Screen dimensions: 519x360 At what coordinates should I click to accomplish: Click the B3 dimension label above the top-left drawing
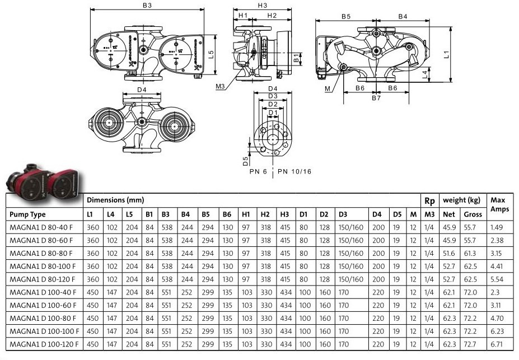click(x=147, y=5)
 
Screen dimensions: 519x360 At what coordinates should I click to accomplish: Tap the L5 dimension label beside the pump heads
click(x=212, y=54)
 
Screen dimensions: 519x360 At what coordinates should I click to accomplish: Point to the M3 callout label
click(x=220, y=87)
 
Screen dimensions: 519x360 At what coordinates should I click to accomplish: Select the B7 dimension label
click(x=376, y=98)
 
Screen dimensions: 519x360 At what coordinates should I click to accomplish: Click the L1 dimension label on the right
click(x=447, y=54)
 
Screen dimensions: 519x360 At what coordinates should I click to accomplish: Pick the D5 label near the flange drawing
click(x=245, y=161)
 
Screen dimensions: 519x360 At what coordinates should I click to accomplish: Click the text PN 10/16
click(x=294, y=171)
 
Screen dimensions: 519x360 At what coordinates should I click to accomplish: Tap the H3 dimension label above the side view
click(x=263, y=5)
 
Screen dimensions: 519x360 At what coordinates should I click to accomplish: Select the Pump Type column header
click(x=27, y=214)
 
